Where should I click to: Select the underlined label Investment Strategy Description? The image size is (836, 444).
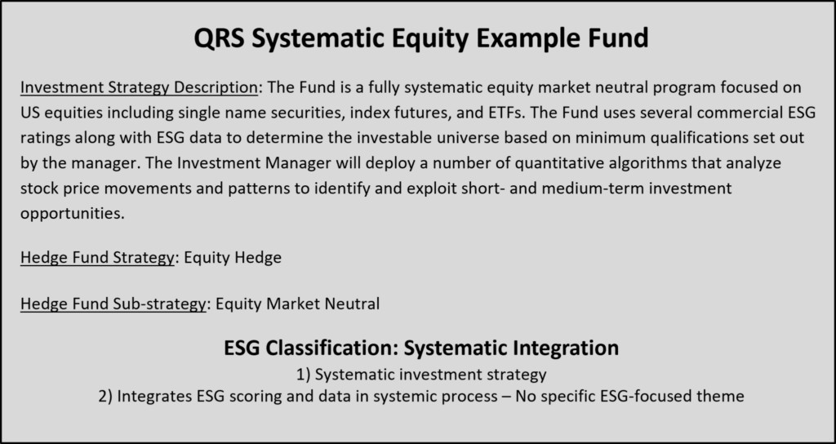[139, 87]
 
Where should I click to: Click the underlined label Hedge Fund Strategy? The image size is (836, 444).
[97, 258]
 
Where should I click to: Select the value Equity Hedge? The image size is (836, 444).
[233, 258]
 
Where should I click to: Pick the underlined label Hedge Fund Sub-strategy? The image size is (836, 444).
[113, 304]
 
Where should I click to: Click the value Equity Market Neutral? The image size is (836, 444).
[297, 304]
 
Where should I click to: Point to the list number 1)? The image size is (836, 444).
[304, 375]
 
